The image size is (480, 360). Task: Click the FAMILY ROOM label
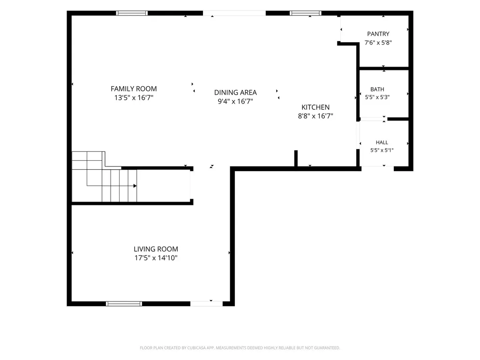134,89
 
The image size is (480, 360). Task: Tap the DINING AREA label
235,92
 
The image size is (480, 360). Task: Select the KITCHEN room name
315,107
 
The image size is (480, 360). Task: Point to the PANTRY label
378,34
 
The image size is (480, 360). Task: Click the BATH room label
377,89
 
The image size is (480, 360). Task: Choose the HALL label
382,142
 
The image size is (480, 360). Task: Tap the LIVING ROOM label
156,249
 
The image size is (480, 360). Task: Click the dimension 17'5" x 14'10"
156,258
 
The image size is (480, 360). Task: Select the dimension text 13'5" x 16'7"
134,97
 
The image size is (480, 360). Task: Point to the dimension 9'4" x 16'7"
235,101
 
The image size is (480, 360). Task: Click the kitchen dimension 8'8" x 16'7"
315,116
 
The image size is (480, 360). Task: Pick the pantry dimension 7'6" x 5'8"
378,43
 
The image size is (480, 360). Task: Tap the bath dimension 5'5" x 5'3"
377,97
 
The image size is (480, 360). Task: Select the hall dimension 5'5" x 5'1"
382,150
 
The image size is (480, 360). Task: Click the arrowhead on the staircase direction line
135,186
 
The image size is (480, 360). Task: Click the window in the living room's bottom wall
124,304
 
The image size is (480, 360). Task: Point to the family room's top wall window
132,13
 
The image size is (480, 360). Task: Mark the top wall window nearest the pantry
306,13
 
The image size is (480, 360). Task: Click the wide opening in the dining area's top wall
234,13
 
